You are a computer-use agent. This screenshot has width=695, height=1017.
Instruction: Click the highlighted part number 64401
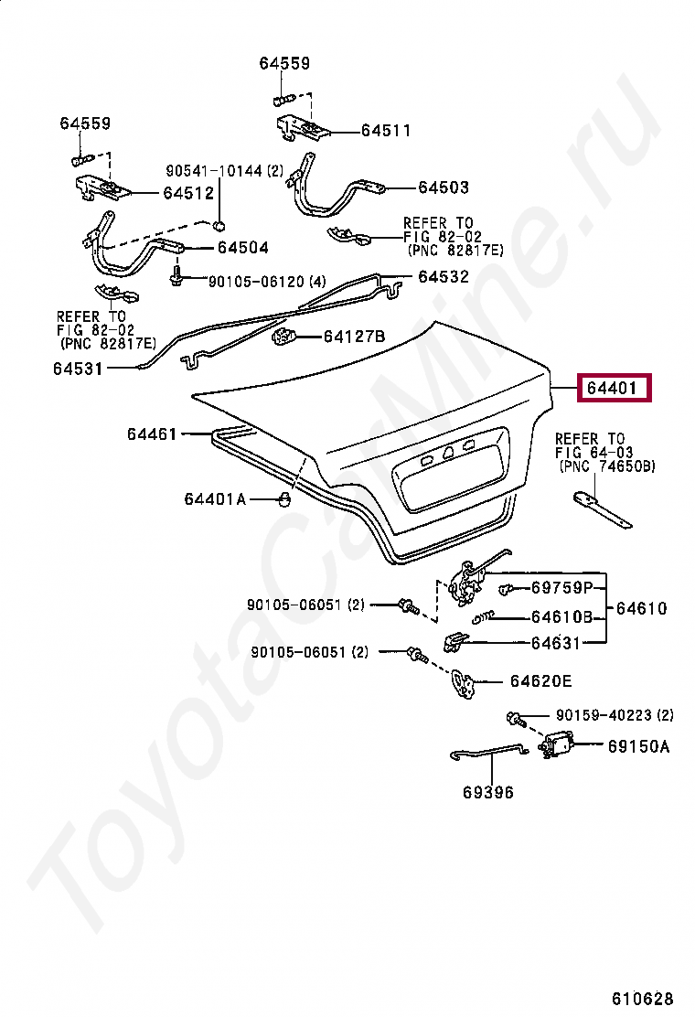point(612,389)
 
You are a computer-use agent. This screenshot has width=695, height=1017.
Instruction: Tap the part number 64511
point(385,131)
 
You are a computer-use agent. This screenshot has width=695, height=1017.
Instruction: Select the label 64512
point(188,193)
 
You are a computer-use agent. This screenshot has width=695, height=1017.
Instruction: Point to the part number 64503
point(444,187)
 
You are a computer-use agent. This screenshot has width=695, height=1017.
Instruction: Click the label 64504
point(242,248)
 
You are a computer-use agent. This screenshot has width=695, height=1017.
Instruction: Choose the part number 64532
point(444,276)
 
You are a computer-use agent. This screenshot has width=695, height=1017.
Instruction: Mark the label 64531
point(78,369)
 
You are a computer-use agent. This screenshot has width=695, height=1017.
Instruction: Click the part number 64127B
point(354,337)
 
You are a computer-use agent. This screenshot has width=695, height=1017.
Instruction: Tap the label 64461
point(152,434)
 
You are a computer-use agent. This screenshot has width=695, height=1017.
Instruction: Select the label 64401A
point(215,498)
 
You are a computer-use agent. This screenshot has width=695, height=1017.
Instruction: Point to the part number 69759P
point(562,587)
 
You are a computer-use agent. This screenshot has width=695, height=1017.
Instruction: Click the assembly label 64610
point(641,608)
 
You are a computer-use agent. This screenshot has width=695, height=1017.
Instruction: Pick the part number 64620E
point(541,680)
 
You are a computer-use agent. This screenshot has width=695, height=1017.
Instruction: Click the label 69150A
point(638,746)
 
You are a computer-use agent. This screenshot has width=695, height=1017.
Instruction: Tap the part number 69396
point(488,792)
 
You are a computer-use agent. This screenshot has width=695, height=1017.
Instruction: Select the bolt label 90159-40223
point(603,715)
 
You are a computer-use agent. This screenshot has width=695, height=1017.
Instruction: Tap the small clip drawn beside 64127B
point(283,338)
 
